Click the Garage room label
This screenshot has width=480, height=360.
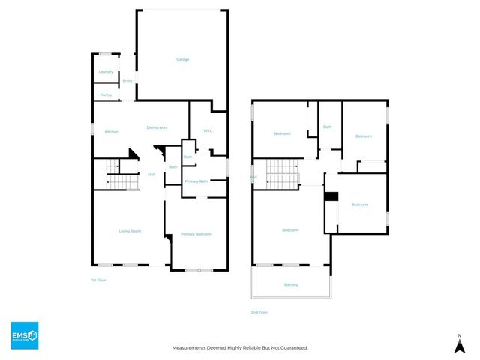[182, 59]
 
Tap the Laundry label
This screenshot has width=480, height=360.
[106, 72]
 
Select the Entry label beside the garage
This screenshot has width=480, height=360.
[127, 80]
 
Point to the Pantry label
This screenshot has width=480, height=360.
[106, 95]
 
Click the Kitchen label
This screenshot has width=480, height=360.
[112, 132]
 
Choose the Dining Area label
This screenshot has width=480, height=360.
[157, 128]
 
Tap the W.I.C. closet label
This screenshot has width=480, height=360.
[208, 131]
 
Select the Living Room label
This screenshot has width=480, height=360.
[130, 231]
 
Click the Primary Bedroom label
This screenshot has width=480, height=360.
[196, 234]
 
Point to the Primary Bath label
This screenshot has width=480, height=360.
[196, 181]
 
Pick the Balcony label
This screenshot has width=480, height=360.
[291, 284]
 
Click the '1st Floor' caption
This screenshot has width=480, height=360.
[99, 280]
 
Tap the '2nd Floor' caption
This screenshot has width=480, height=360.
[259, 312]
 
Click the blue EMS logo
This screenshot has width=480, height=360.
[24, 334]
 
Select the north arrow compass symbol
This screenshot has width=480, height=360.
[458, 343]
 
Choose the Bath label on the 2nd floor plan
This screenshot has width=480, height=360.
[327, 127]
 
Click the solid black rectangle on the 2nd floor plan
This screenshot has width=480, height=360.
[331, 196]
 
